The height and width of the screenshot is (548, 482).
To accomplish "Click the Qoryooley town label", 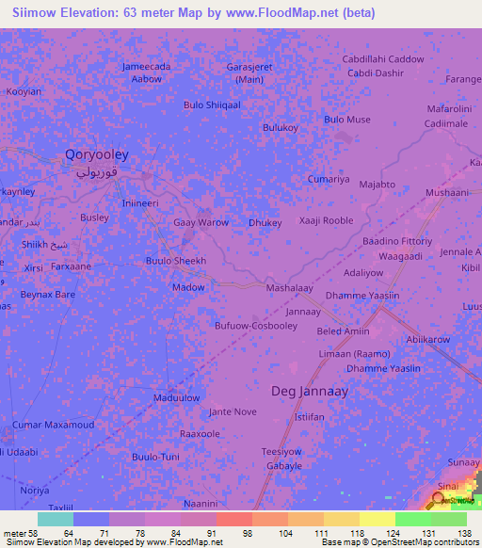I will (x=96, y=153).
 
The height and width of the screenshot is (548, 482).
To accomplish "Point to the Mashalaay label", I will (x=289, y=287).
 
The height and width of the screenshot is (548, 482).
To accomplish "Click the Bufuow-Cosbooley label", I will (x=256, y=326).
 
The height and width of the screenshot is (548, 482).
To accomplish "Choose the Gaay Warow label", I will (x=201, y=223).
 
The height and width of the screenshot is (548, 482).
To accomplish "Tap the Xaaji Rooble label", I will (x=326, y=220).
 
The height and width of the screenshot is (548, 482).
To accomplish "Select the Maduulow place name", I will (x=176, y=397).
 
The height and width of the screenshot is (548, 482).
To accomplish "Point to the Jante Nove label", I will (x=233, y=411).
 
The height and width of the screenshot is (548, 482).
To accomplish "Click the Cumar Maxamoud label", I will (x=54, y=426).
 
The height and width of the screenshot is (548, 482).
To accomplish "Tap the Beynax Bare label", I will (x=48, y=295).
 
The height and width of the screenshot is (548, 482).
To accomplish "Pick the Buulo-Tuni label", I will (x=155, y=457).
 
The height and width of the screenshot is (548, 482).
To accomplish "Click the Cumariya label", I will (x=329, y=179).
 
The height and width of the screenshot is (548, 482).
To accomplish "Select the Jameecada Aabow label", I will (x=146, y=73).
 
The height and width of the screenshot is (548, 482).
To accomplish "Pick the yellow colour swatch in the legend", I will (x=377, y=519).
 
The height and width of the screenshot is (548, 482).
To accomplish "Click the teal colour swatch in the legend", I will (x=55, y=519).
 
